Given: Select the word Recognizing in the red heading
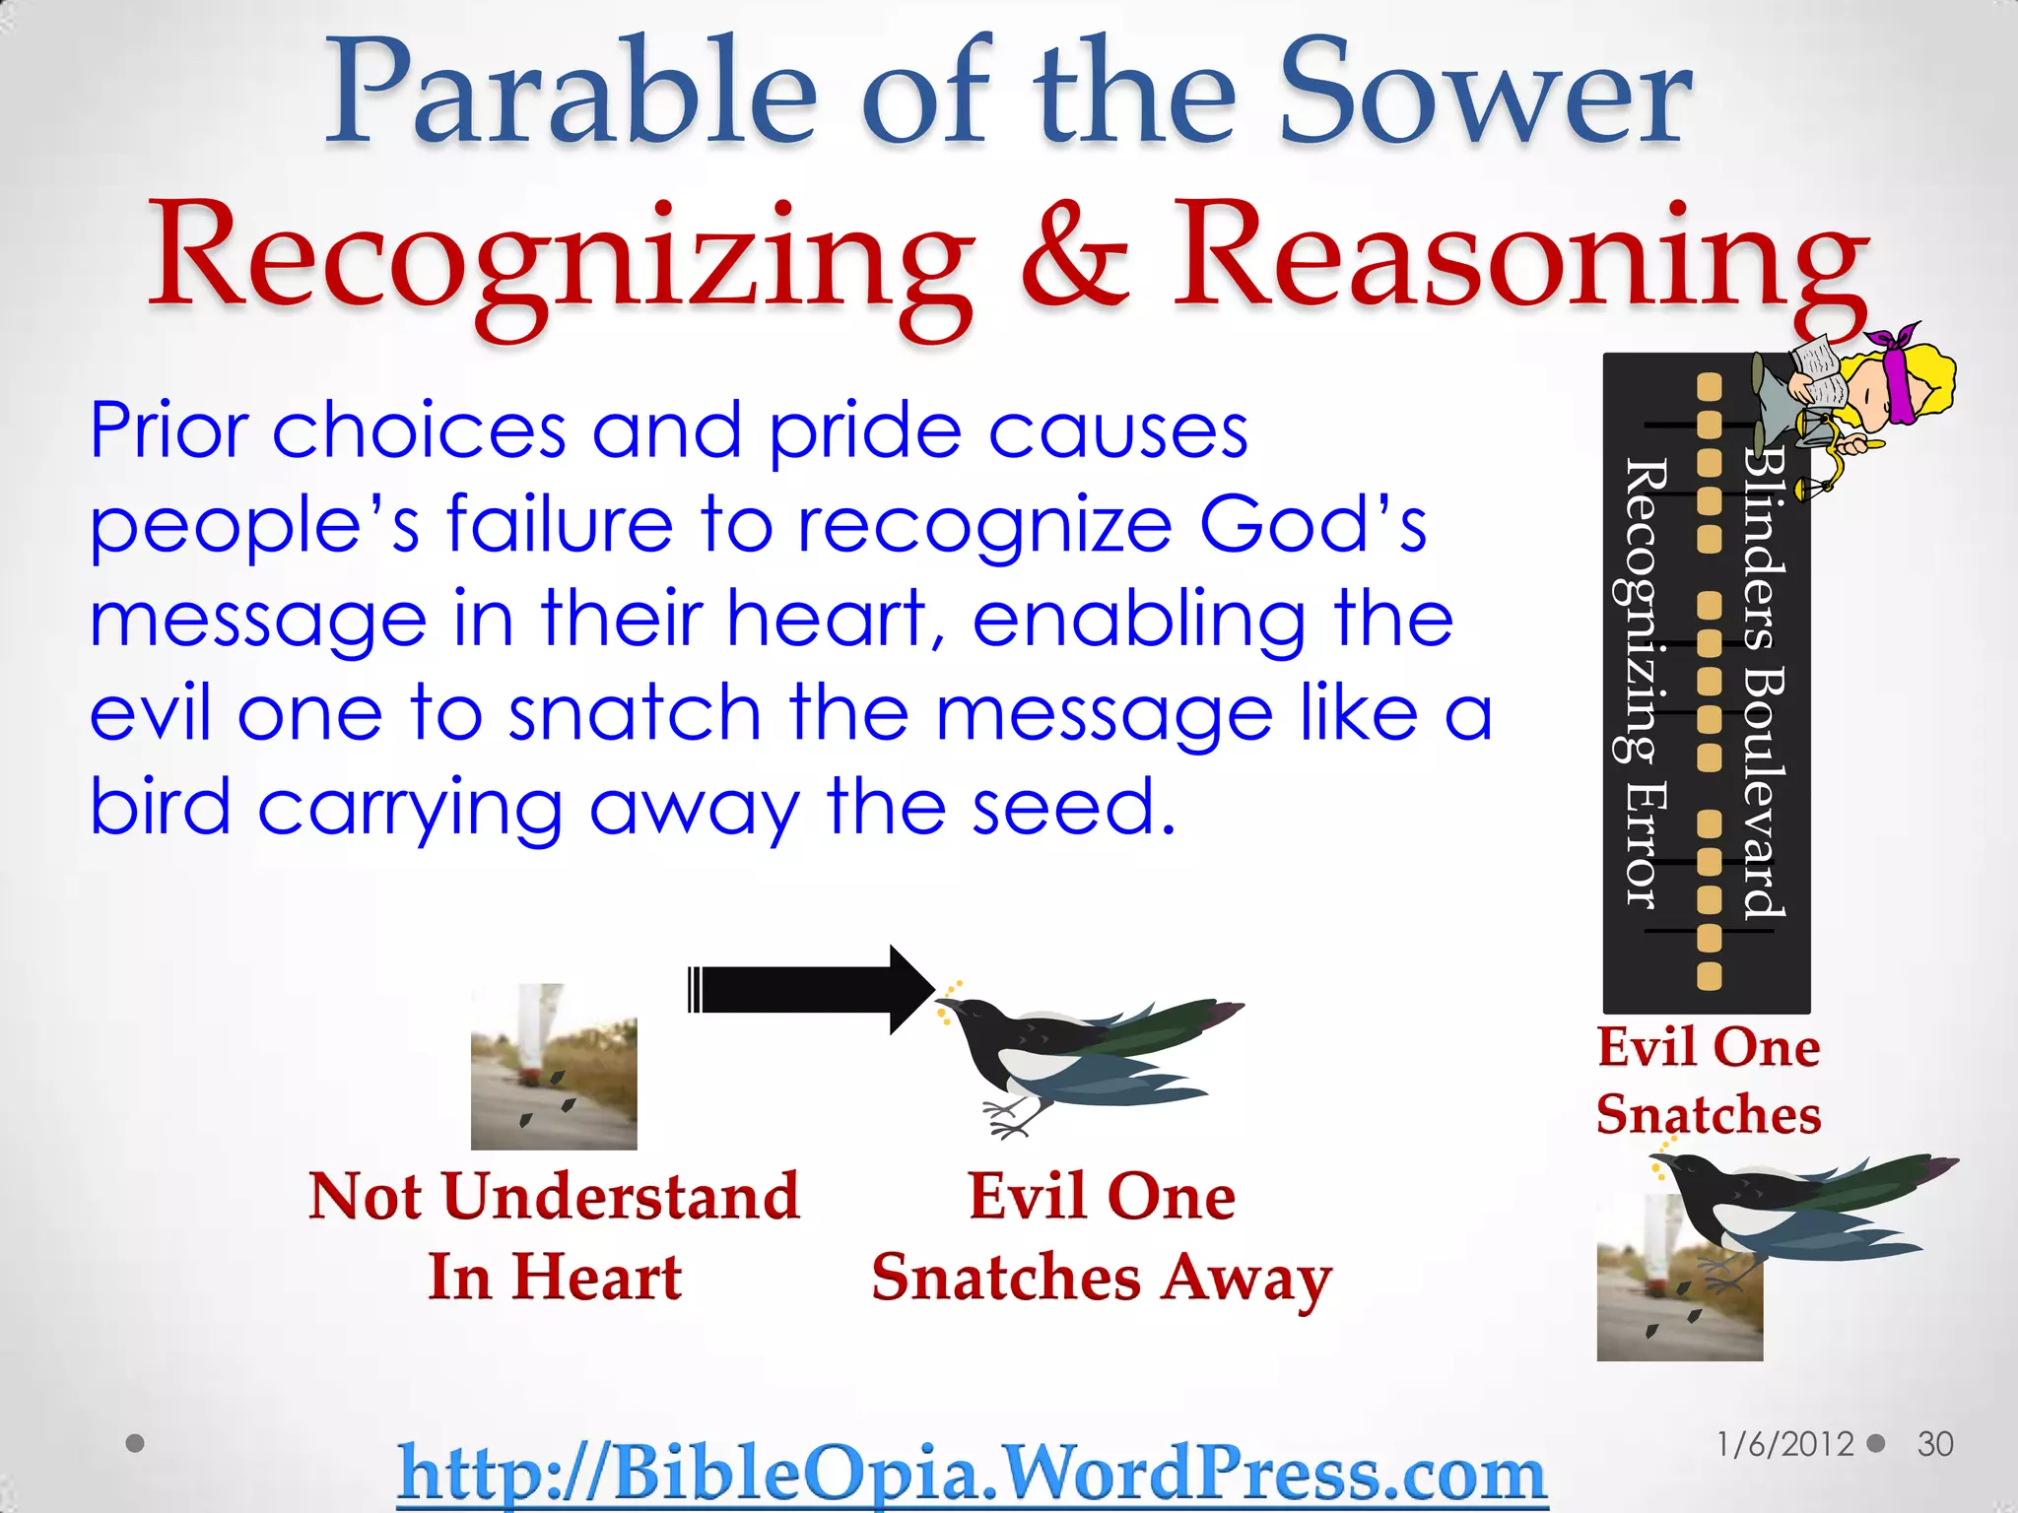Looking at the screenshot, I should click(x=557, y=258).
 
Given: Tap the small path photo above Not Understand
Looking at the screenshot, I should click(x=554, y=1067).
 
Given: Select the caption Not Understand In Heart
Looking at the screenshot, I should click(x=554, y=1235).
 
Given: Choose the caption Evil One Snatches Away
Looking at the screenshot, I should click(x=1102, y=1235).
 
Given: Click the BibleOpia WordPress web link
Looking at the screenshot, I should click(x=972, y=1473).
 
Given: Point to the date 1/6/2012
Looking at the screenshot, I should click(x=1784, y=1444).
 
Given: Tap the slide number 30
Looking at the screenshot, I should click(x=1934, y=1444).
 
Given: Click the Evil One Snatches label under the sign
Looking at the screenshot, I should click(x=1709, y=1081).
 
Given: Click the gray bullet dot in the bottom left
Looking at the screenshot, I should click(x=136, y=1443).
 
